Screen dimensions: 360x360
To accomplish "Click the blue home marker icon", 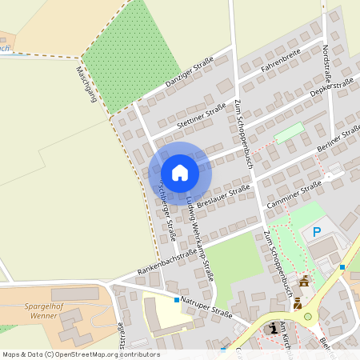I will [179, 173].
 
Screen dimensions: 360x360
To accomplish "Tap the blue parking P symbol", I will [317, 232].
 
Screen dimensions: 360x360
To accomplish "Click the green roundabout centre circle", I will [308, 318].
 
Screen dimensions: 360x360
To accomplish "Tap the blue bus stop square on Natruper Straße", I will [177, 299].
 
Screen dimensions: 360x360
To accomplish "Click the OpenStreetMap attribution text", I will [80, 354].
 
